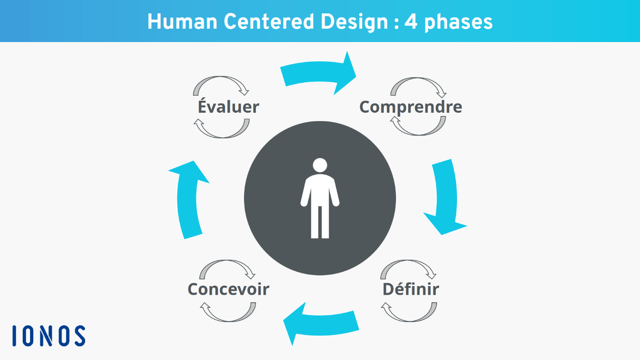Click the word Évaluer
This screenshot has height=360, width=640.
pyautogui.click(x=228, y=106)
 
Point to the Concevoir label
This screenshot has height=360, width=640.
pyautogui.click(x=228, y=289)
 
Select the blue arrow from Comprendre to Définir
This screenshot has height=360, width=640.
pyautogui.click(x=446, y=197)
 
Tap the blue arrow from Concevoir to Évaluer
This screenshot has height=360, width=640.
pyautogui.click(x=187, y=200)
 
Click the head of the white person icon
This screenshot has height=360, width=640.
pyautogui.click(x=320, y=165)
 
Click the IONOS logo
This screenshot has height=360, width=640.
pyautogui.click(x=49, y=336)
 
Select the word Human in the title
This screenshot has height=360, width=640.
pyautogui.click(x=182, y=22)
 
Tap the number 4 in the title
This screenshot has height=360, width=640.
pyautogui.click(x=411, y=22)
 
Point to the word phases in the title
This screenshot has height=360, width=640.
pyautogui.click(x=458, y=23)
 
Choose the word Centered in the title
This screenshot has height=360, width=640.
pyautogui.click(x=269, y=22)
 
